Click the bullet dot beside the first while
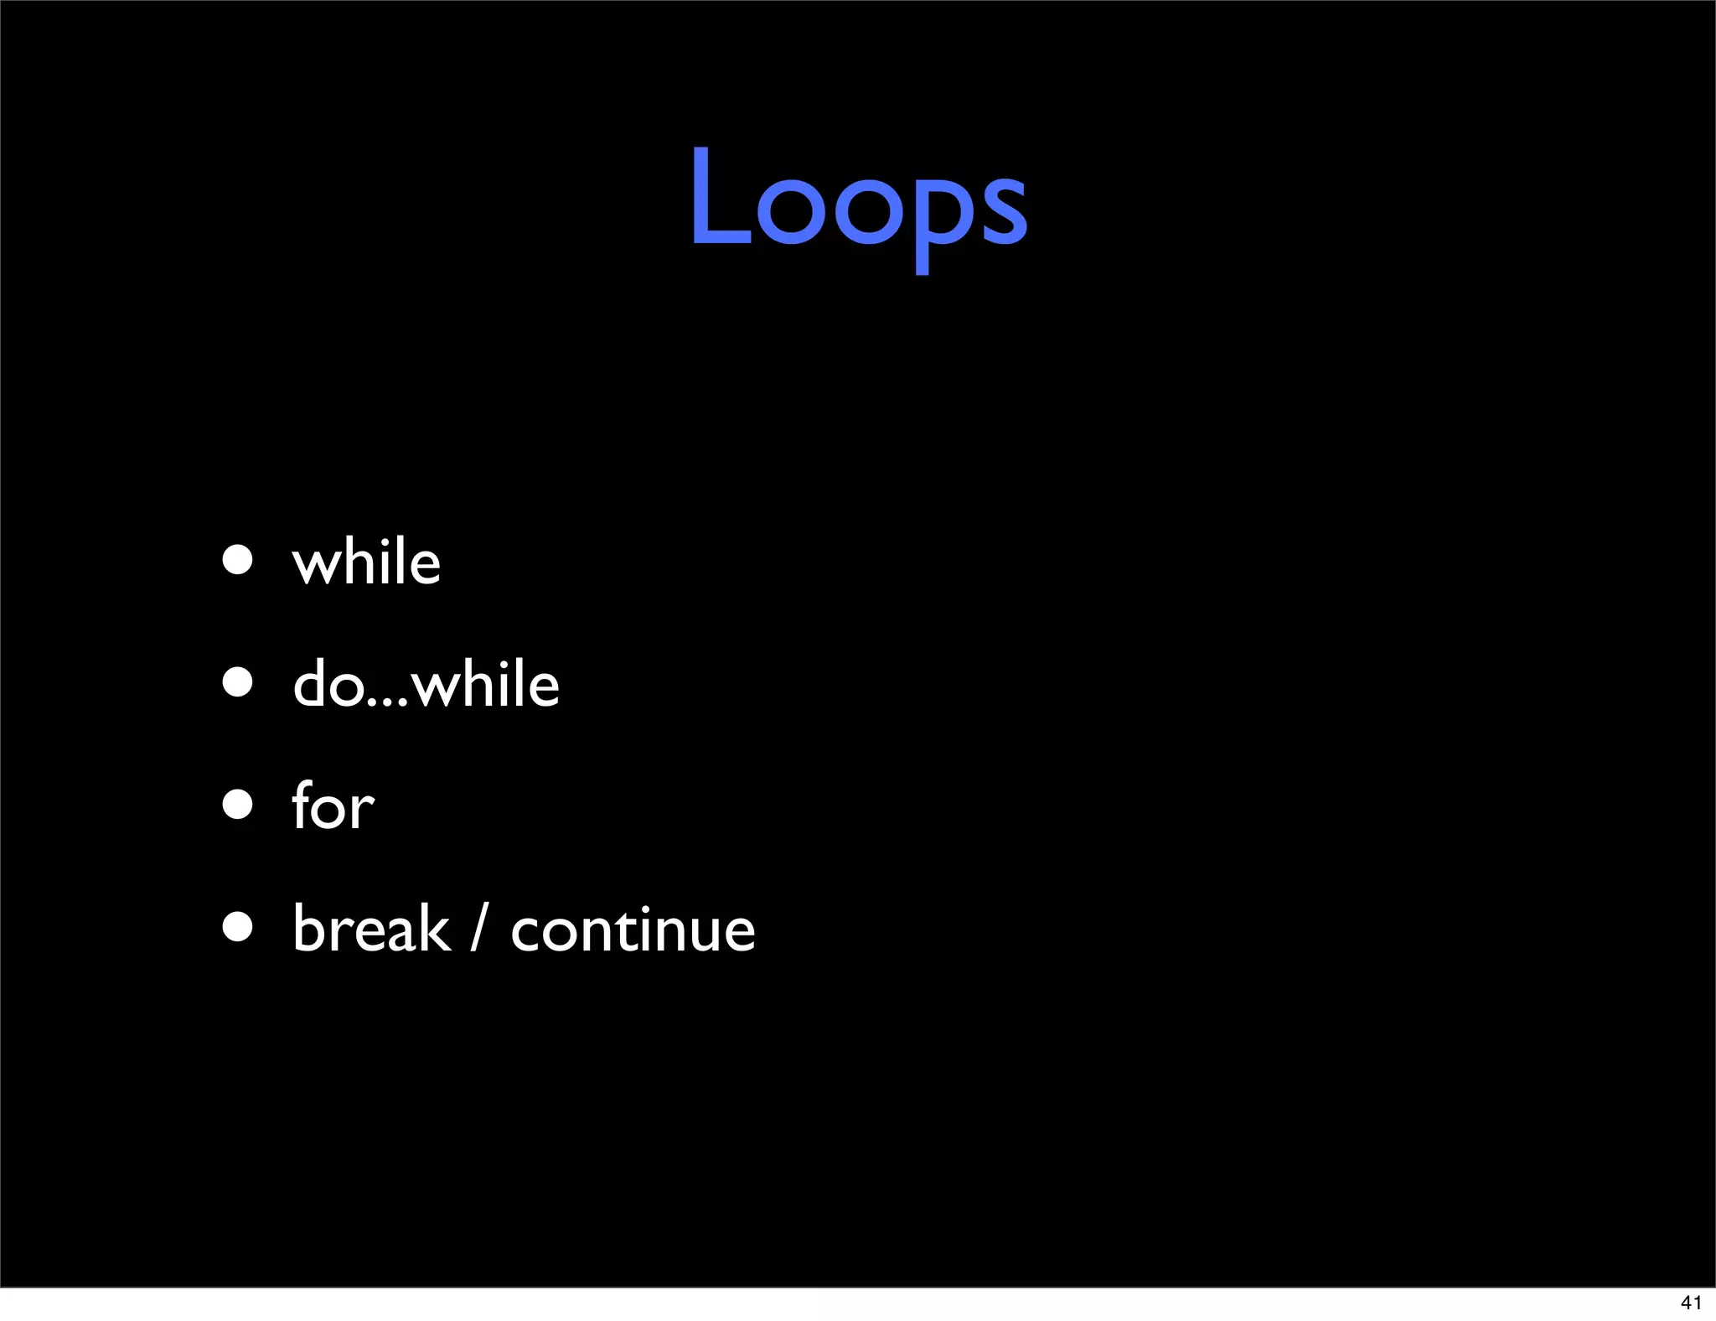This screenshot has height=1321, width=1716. coord(238,559)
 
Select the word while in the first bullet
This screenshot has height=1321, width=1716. coord(366,561)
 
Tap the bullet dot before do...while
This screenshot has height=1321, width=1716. coord(238,682)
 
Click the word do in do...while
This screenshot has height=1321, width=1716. coord(328,683)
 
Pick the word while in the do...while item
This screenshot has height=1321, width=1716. coord(486,683)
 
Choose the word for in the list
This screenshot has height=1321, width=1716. coord(333,806)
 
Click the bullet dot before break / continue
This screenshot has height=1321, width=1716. coord(238,927)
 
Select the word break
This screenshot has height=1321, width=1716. coord(371,928)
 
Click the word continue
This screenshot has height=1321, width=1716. coord(633,930)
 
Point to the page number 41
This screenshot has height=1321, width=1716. coord(1691,1303)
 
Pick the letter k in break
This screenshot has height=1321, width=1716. coord(434,928)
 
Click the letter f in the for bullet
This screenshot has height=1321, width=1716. coord(302,805)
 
